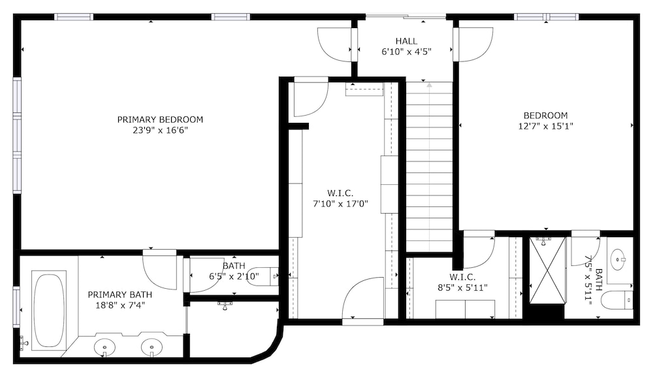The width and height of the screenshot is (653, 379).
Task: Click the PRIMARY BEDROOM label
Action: point(160,120)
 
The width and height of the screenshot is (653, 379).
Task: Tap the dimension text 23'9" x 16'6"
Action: point(161,131)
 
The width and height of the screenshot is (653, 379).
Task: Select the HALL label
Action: point(406,41)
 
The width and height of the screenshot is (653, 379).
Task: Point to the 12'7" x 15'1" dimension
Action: point(545,126)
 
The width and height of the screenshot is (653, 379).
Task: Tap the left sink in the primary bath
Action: point(104,346)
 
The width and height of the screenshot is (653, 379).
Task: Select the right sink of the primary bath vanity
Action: point(151,346)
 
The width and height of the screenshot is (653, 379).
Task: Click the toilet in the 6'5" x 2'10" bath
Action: point(263,276)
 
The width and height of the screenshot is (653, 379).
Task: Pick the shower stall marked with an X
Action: point(547,270)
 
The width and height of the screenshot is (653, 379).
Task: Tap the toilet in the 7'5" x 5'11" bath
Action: point(618,300)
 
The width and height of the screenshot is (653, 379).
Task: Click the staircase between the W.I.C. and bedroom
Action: point(430,167)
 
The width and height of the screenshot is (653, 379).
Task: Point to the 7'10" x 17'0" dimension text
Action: point(340,205)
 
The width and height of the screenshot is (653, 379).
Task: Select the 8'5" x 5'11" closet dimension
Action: point(462,288)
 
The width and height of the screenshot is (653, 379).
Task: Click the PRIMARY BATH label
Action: point(120,295)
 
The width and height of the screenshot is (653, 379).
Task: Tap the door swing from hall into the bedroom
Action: point(475,44)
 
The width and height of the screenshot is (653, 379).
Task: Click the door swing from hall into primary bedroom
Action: point(334,44)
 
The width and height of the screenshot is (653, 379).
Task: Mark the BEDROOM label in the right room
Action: point(545,116)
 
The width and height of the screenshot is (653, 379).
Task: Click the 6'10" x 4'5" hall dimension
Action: point(406,52)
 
